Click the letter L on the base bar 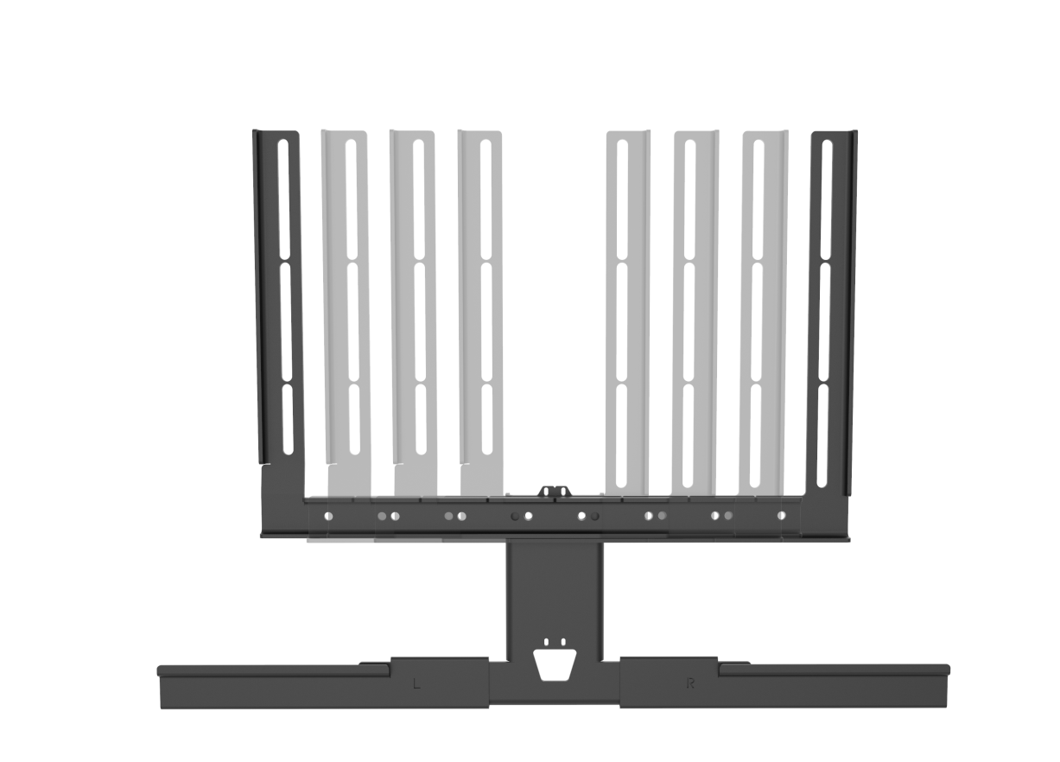(417, 684)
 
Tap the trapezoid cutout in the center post (554, 664)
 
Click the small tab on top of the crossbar (555, 492)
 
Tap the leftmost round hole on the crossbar (327, 517)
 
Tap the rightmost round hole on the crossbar (783, 517)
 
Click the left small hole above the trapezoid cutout (547, 643)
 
